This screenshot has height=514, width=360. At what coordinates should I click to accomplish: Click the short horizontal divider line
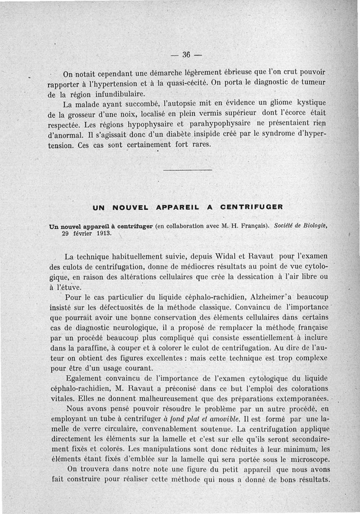[x=187, y=170]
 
